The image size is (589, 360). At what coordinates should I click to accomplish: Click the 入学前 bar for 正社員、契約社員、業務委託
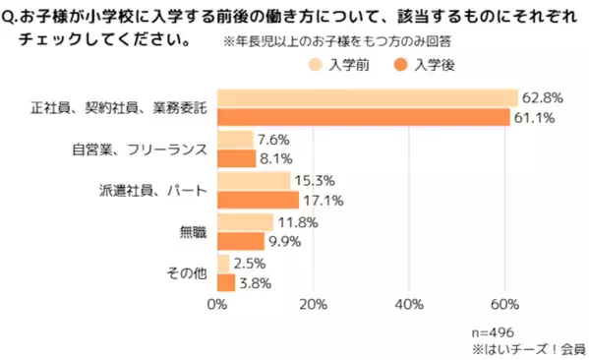(x=367, y=97)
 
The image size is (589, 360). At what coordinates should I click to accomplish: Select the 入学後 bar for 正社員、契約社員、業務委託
(x=363, y=117)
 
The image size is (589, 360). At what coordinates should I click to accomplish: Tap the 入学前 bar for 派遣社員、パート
(x=253, y=181)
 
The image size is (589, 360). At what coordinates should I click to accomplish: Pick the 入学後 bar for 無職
(x=240, y=242)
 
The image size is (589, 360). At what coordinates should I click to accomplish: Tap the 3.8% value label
(x=256, y=283)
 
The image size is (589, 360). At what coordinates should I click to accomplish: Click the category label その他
(x=185, y=273)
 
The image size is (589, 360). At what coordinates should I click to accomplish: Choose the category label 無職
(x=193, y=232)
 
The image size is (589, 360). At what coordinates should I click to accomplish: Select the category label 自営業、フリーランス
(x=139, y=150)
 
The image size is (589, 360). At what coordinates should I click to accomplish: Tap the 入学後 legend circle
(x=401, y=65)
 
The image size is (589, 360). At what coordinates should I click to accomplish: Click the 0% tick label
(x=217, y=304)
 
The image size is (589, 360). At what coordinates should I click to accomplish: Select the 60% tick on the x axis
(x=504, y=304)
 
